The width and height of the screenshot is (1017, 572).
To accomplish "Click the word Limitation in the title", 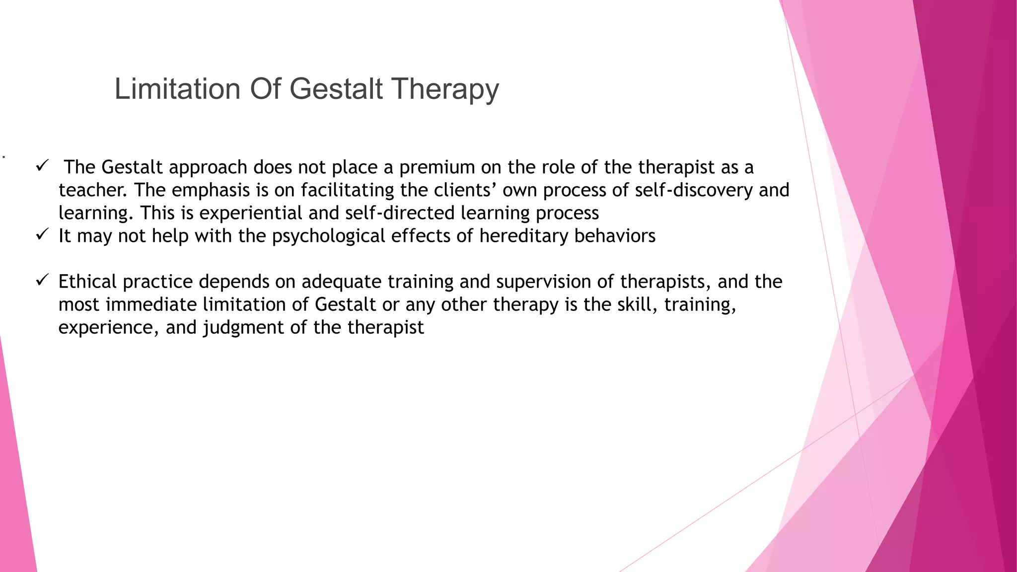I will tap(177, 89).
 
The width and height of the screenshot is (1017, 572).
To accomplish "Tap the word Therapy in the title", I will tap(445, 89).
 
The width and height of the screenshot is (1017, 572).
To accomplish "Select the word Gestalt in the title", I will tap(336, 89).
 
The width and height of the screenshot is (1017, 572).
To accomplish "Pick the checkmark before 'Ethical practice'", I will tap(42, 280).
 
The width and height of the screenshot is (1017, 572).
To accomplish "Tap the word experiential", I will tap(251, 213).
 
